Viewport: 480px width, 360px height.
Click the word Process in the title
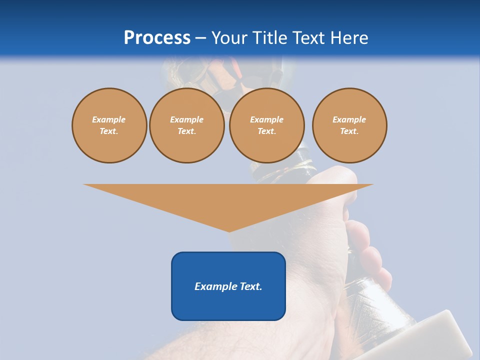pyautogui.click(x=157, y=38)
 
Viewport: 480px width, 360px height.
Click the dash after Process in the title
pyautogui.click(x=200, y=39)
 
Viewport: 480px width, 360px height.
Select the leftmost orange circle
pyautogui.click(x=109, y=125)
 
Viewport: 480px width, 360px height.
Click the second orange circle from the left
pyautogui.click(x=186, y=125)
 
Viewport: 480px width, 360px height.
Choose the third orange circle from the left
pyautogui.click(x=266, y=125)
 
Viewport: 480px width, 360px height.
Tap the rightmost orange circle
pyautogui.click(x=349, y=125)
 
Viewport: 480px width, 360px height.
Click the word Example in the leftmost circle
pyautogui.click(x=109, y=119)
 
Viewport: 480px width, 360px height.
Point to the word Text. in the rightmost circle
pyautogui.click(x=349, y=131)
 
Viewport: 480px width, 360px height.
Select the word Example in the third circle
pyautogui.click(x=266, y=119)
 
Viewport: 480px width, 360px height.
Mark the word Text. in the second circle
pyautogui.click(x=186, y=131)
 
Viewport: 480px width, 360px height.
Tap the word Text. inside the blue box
pyautogui.click(x=251, y=286)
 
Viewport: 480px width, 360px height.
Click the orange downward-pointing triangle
pyautogui.click(x=228, y=200)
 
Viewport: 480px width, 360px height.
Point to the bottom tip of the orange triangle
pyautogui.click(x=228, y=231)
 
